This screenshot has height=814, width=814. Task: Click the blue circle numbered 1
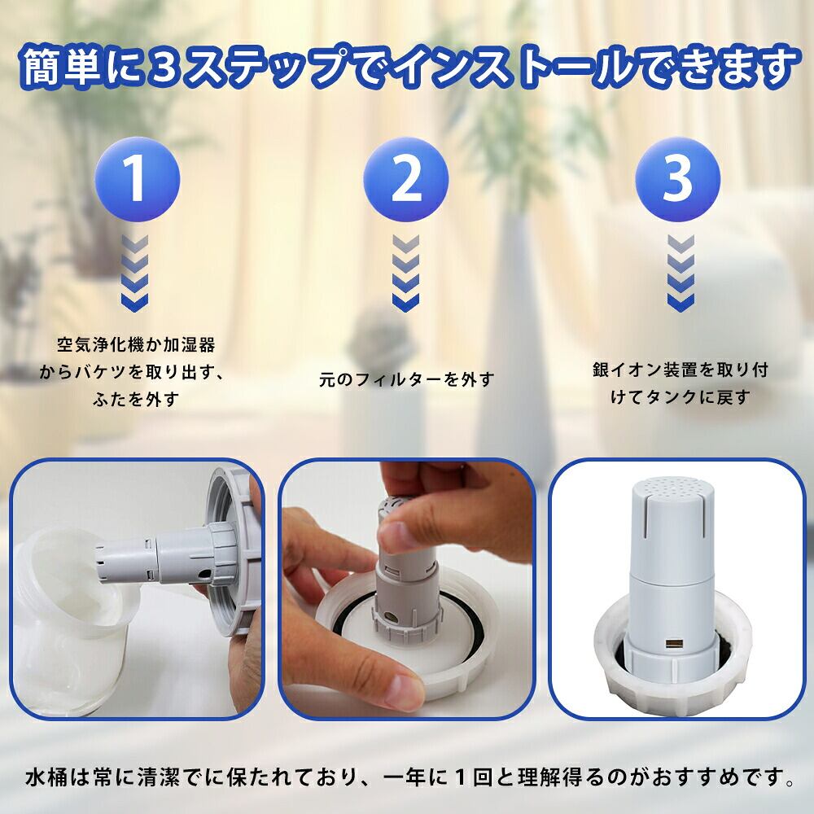(x=137, y=179)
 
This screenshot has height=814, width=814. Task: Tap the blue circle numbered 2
(x=405, y=179)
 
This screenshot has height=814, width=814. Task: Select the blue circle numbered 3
(x=677, y=179)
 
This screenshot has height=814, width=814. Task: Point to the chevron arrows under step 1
(x=135, y=273)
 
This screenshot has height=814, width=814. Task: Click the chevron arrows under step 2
(x=405, y=273)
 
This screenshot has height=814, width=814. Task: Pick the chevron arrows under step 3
(x=681, y=273)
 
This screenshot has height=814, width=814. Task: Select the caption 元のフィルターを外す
(x=406, y=379)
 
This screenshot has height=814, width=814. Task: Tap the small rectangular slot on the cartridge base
(x=674, y=646)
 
